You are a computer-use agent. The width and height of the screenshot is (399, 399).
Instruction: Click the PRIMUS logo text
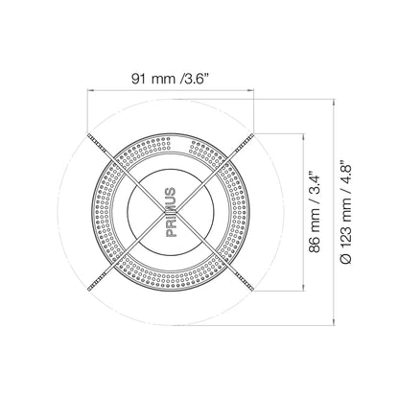point(171,212)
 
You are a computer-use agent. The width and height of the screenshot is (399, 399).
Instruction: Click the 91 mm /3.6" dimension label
point(171,79)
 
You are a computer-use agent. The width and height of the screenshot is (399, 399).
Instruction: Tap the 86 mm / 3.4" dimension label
point(315,213)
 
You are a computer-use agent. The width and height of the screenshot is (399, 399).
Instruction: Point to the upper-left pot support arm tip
point(88,134)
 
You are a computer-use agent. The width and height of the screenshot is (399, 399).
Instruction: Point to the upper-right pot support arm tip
point(253,134)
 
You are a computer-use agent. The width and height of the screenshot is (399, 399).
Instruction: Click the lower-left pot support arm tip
point(88,290)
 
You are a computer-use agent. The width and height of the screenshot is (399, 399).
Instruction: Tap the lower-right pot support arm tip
point(253,290)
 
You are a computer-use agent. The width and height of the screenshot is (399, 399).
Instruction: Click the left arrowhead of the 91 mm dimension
point(90,90)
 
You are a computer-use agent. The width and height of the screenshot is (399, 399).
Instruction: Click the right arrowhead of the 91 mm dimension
point(251,90)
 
